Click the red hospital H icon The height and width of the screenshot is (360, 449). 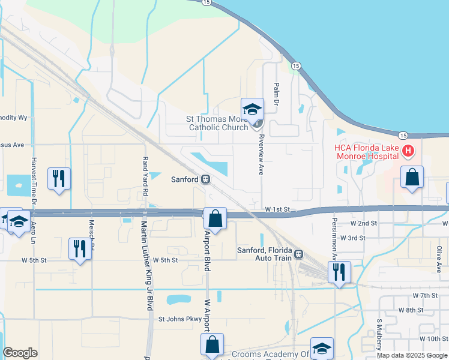(408, 150)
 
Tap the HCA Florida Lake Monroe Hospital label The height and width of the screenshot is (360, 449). (366, 151)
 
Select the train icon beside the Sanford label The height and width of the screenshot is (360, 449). (206, 179)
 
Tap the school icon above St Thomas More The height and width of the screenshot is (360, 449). (252, 109)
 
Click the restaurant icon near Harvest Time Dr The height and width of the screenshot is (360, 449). (59, 178)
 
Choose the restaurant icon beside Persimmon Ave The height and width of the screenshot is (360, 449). (339, 271)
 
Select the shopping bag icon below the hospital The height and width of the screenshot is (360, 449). (412, 177)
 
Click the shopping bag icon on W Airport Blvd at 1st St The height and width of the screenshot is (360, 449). (215, 218)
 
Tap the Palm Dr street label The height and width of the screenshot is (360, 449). (277, 95)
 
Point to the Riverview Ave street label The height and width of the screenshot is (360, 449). (261, 154)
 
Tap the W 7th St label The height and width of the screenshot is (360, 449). (426, 296)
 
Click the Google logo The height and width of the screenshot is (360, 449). (20, 353)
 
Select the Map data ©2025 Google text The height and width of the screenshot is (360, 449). (411, 355)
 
